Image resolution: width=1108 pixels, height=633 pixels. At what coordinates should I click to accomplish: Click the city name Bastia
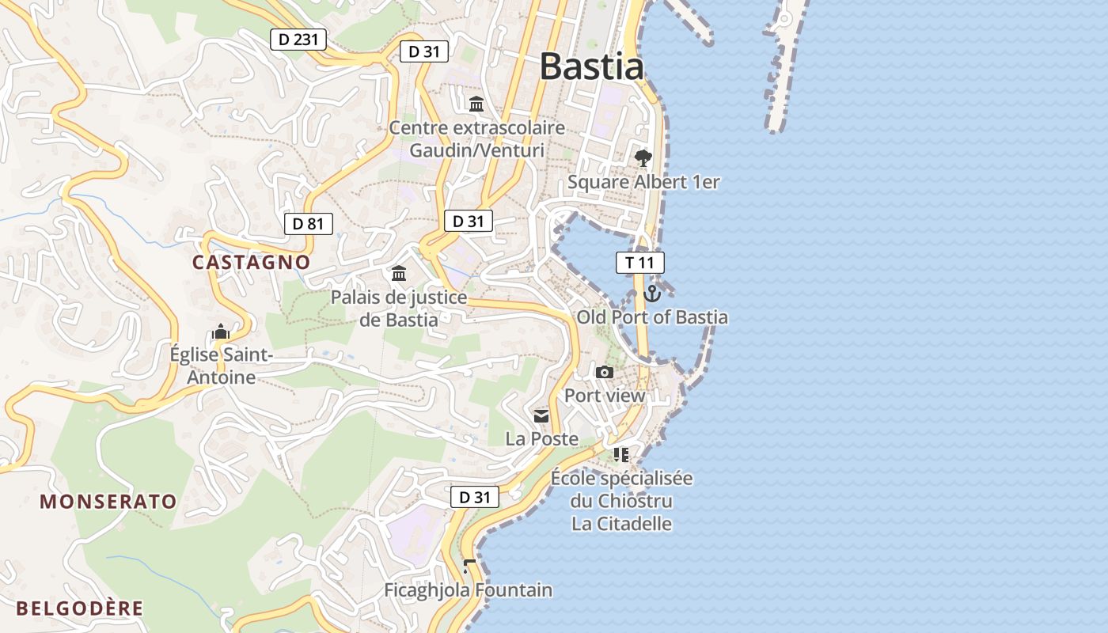[x=591, y=66]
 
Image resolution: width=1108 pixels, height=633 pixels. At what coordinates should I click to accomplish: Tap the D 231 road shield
[x=298, y=40]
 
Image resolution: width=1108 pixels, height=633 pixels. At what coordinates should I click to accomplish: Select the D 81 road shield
[x=308, y=224]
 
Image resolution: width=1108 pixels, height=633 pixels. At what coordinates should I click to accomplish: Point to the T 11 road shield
[x=639, y=263]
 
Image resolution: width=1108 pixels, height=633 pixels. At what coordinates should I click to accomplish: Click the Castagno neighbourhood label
[x=251, y=262]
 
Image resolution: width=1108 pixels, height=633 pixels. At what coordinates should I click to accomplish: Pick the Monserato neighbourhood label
[x=108, y=501]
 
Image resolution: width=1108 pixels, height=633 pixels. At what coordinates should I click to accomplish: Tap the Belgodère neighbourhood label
[x=80, y=608]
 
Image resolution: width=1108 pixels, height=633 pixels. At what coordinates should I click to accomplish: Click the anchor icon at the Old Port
[x=652, y=294]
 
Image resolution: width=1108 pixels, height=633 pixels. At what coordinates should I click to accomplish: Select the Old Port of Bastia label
[x=652, y=317]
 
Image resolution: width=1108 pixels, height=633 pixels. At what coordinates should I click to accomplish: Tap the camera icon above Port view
[x=605, y=372]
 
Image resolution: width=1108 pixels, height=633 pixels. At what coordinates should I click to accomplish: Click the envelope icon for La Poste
[x=541, y=416]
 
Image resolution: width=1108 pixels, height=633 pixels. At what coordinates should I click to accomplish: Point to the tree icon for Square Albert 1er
[x=643, y=158]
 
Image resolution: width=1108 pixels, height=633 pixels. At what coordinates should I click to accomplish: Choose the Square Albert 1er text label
[x=643, y=182]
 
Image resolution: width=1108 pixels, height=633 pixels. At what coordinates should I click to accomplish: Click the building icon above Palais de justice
[x=399, y=274]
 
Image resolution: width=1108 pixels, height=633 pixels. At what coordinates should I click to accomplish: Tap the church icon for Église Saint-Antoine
[x=221, y=332]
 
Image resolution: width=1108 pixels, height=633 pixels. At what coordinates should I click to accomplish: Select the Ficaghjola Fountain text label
[x=468, y=590]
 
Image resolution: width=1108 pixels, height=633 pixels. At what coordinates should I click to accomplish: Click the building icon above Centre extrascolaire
[x=476, y=104]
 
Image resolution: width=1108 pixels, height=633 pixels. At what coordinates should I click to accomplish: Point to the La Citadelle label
[x=622, y=524]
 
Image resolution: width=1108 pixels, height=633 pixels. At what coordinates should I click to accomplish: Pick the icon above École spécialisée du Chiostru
[x=621, y=454]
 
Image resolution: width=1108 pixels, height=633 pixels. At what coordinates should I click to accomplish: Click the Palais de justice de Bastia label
[x=399, y=309]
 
